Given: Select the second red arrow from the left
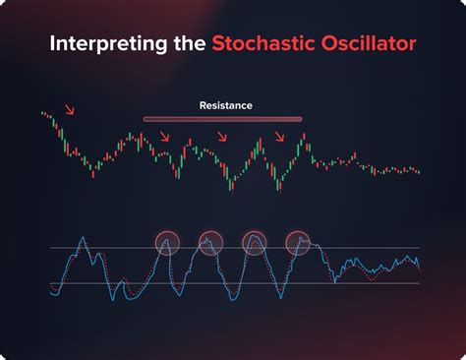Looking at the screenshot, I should (164, 137).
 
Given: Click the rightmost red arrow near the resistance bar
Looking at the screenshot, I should (280, 137).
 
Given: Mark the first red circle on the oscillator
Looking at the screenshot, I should (168, 242).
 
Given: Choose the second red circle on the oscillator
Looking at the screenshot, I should (210, 242).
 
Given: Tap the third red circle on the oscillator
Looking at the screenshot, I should (254, 242).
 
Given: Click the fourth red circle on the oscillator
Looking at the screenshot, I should (298, 242).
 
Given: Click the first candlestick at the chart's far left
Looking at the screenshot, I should (43, 114).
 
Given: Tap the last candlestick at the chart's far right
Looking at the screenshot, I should (418, 172).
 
